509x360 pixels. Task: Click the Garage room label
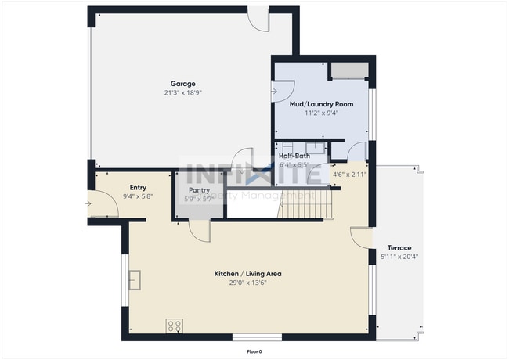182,84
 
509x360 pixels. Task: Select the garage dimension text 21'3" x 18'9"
182,92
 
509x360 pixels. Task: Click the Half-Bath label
294,157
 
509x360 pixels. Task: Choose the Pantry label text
199,190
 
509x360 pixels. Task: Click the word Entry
138,187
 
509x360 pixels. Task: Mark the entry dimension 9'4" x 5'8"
138,196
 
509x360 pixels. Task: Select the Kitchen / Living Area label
247,274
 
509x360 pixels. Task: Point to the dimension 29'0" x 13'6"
247,283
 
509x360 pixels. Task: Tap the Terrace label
400,248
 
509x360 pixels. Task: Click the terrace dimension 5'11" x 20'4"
400,257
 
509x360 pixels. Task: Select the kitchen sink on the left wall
135,279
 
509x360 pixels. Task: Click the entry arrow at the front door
89,205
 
